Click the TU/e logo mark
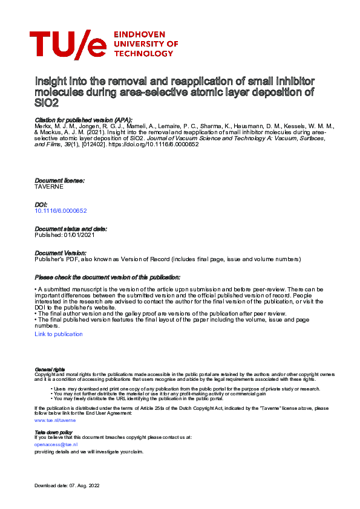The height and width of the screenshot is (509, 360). pos(67,45)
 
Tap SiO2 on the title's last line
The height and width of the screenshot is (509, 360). pos(46,103)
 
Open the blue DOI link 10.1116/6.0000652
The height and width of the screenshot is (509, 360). pos(61,210)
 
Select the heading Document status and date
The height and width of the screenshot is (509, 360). pos(71,229)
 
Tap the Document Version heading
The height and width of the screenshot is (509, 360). pos(61,253)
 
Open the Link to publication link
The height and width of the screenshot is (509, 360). pos(59,334)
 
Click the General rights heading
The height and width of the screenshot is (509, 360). pos(50,369)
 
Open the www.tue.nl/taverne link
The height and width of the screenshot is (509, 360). pos(55,419)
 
